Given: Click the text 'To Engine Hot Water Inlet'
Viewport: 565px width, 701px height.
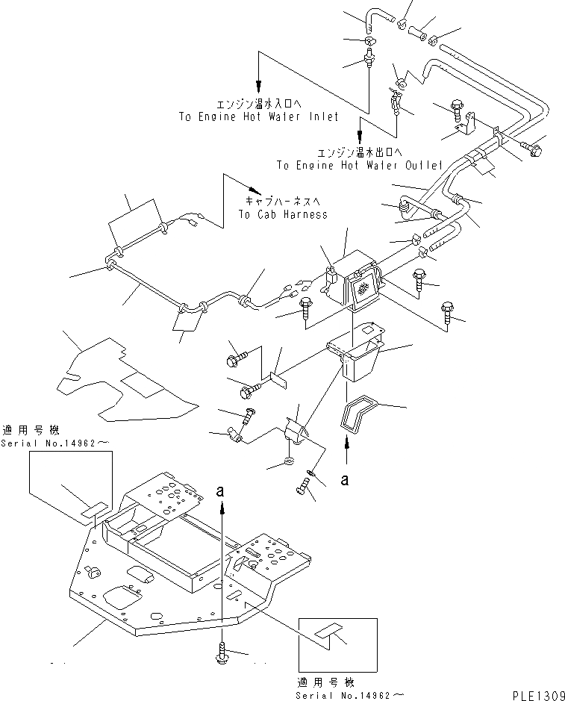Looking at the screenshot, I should pos(258,116).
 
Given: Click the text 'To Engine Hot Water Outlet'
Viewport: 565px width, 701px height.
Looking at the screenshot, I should pos(360,165).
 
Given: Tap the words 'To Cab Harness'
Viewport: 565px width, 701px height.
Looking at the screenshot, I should pos(283,214).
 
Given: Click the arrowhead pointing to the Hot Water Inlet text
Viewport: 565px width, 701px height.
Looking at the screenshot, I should pos(258,84).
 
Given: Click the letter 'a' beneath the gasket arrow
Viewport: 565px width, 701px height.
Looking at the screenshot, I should pos(346,481).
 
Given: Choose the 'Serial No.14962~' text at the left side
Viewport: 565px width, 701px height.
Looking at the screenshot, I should pos(57,442).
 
